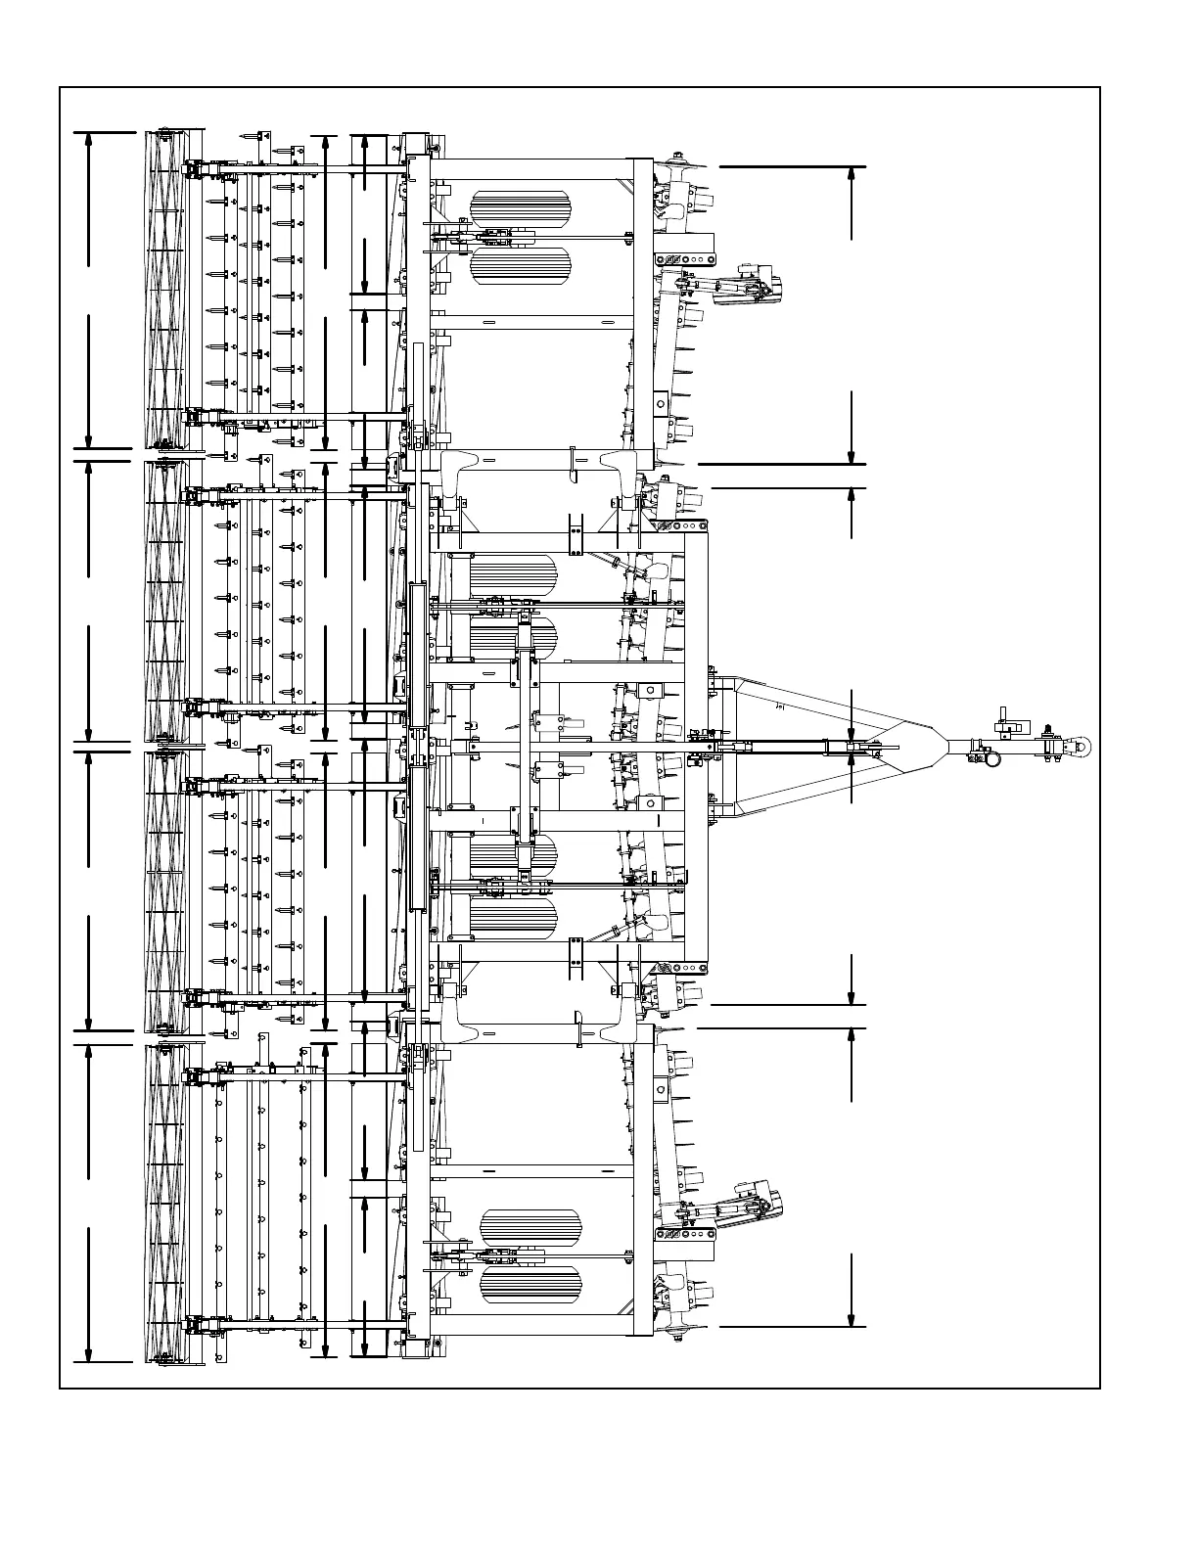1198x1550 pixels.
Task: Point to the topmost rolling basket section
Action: coord(165,290)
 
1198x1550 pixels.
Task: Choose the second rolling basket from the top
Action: coord(165,600)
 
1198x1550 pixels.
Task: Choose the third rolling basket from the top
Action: coord(165,890)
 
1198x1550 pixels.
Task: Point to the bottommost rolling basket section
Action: coord(165,1202)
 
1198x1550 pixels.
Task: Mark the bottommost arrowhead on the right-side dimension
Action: coord(852,1318)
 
